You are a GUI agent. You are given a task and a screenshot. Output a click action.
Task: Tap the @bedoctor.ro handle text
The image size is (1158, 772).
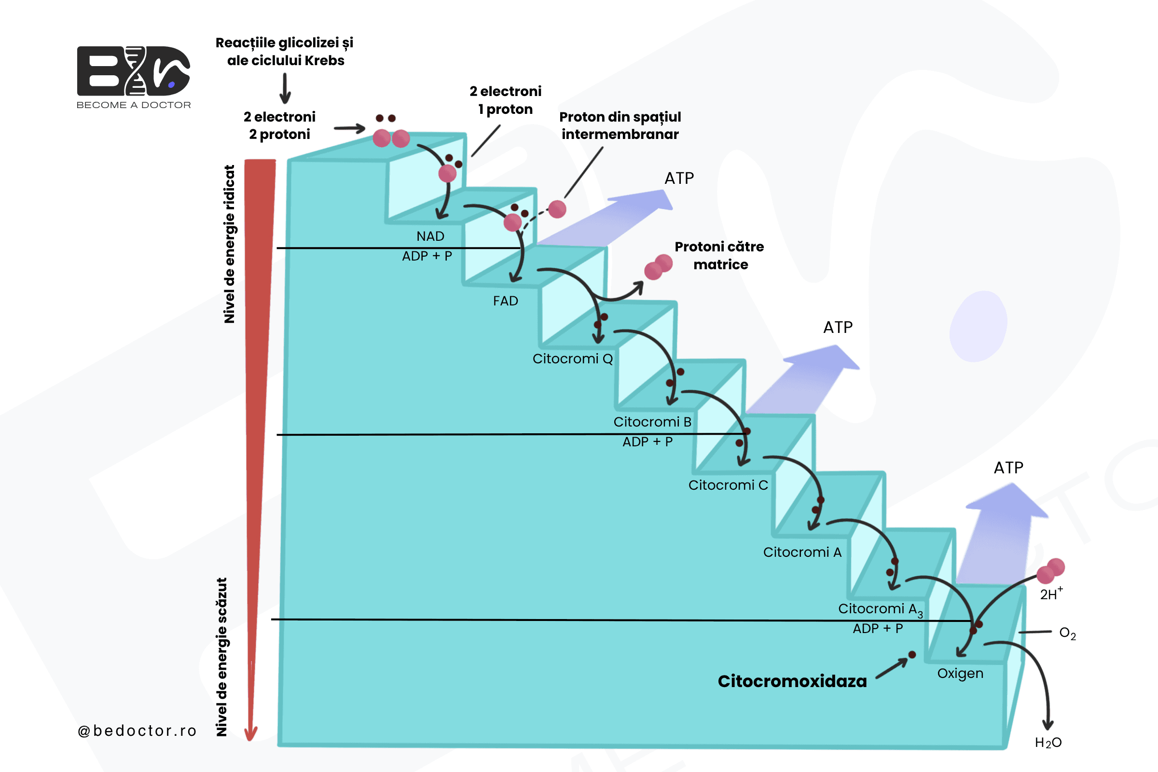coord(137,731)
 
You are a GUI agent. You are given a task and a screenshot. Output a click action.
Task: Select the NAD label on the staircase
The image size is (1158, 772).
coord(430,236)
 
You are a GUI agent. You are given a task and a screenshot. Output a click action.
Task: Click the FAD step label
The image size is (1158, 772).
coord(506,301)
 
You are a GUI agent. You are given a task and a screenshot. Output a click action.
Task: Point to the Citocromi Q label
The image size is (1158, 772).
coord(573,358)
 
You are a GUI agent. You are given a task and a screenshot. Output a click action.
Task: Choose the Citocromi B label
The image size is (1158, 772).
coord(652,422)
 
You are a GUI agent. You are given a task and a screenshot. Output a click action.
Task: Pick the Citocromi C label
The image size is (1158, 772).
coord(728,485)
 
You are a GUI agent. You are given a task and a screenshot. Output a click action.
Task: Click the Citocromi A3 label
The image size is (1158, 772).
coord(880,609)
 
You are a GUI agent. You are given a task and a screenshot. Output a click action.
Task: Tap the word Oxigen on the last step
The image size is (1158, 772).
coord(960,674)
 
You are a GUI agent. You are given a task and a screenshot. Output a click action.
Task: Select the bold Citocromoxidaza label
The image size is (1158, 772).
coord(792,681)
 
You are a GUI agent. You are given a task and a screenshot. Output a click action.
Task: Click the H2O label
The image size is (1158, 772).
coord(1048,743)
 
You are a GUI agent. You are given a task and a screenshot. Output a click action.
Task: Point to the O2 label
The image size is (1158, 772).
coord(1067,633)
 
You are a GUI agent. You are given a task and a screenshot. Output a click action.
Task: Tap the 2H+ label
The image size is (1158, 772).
coord(1052,594)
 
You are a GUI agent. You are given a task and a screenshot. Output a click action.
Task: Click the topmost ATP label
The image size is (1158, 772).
coord(679,178)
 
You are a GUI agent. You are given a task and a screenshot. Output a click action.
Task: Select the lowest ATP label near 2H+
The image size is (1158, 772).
coord(1008,467)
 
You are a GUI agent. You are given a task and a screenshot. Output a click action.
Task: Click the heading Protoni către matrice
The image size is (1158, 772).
coord(719,256)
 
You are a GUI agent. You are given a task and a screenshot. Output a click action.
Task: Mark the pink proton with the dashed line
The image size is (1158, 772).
coord(557,209)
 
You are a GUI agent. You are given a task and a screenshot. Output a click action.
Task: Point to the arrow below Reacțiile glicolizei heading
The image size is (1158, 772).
coord(285,88)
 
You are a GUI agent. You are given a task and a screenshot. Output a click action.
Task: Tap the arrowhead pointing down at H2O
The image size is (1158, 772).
coord(1048,724)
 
